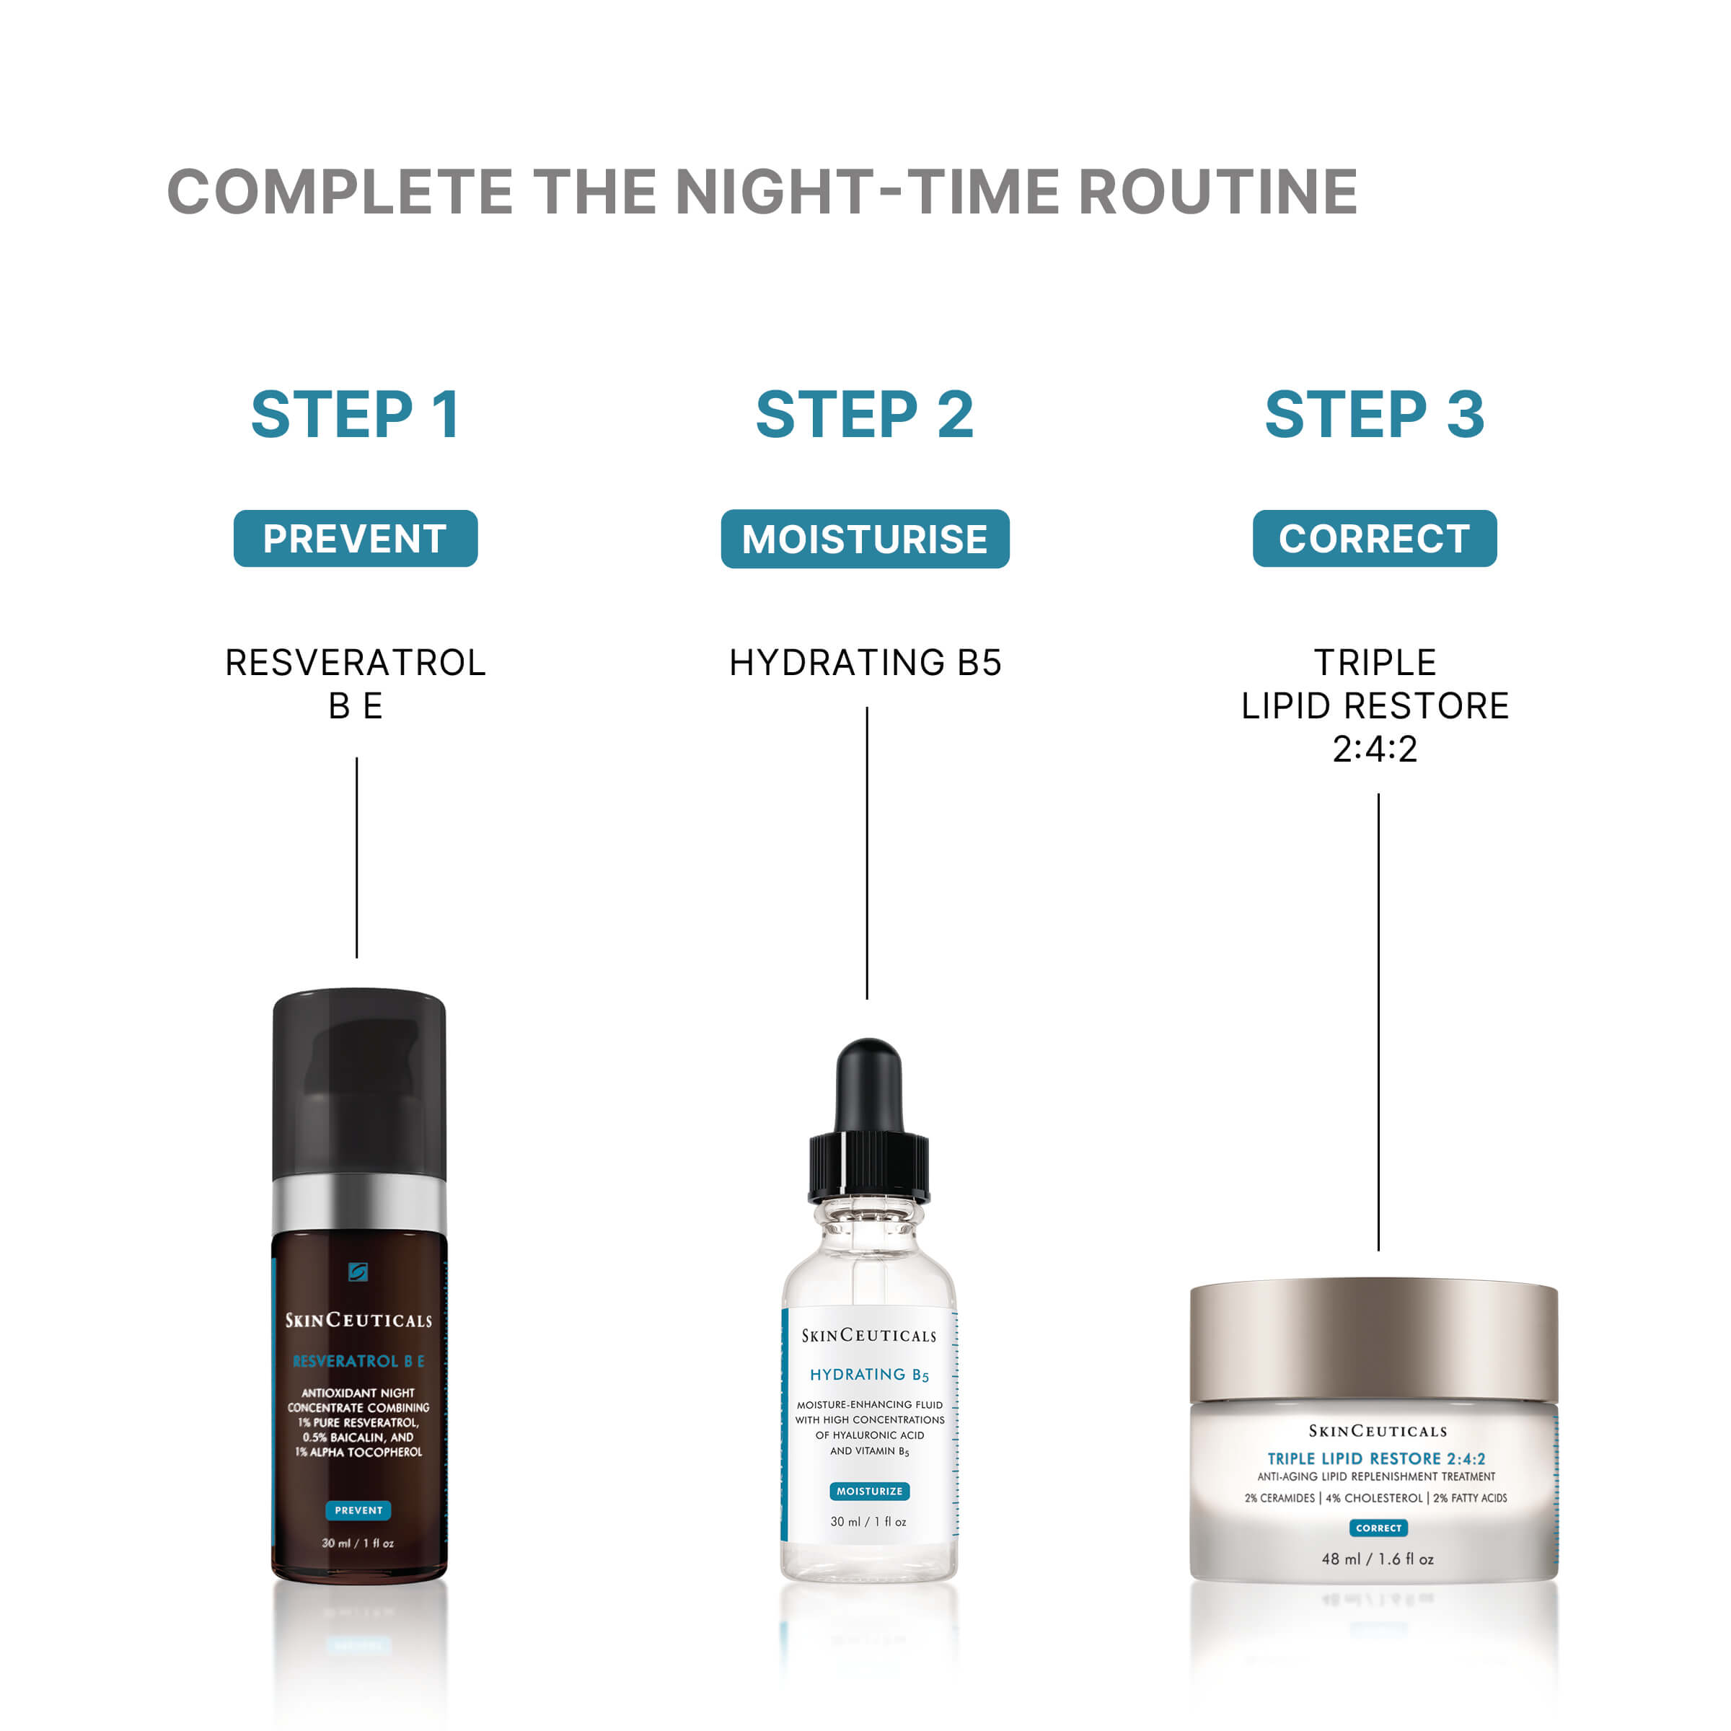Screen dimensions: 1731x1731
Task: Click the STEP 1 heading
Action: point(356,414)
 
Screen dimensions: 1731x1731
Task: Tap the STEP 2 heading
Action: point(865,414)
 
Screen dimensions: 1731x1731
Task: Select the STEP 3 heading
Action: point(1375,414)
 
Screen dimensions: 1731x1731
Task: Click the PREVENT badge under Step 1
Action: point(356,539)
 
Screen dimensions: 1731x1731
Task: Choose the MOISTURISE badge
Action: point(865,539)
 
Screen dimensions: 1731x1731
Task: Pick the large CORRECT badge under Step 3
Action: point(1375,539)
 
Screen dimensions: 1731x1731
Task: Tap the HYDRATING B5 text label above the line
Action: point(865,663)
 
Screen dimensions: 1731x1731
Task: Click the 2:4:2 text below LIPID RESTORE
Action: point(1375,749)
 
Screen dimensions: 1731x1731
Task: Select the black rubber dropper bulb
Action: point(868,1087)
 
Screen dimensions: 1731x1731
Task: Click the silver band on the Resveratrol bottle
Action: point(358,1203)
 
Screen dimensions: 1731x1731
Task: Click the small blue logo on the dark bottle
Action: point(358,1272)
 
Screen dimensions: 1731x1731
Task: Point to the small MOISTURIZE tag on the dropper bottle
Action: point(869,1491)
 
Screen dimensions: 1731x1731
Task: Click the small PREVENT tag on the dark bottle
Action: point(358,1510)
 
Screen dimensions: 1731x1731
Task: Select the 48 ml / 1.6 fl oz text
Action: point(1377,1559)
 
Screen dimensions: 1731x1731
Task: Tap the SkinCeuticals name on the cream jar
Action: point(1377,1431)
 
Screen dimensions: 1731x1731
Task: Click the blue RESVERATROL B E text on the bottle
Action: point(358,1361)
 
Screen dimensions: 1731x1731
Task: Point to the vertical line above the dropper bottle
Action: point(867,851)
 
